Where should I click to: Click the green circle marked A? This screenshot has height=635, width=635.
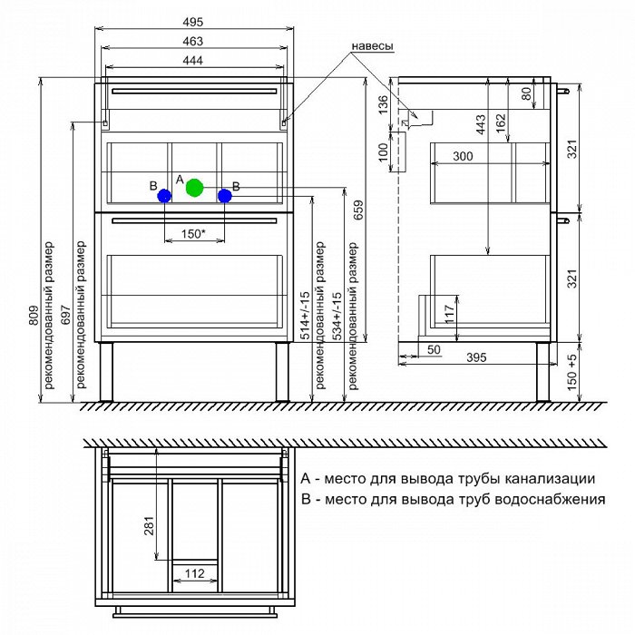coord(193,188)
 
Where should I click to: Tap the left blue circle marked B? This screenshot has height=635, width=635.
coord(164,195)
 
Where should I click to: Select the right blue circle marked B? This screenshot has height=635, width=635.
coord(225,195)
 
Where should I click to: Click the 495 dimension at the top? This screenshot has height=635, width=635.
coord(191,22)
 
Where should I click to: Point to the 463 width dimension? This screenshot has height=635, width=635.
coord(191,41)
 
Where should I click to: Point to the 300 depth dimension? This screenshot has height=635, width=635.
coord(463,156)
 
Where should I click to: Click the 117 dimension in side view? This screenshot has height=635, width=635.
coord(450,313)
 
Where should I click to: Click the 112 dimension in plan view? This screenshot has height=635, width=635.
coord(193,573)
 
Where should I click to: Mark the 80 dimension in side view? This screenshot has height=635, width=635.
coord(526,93)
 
